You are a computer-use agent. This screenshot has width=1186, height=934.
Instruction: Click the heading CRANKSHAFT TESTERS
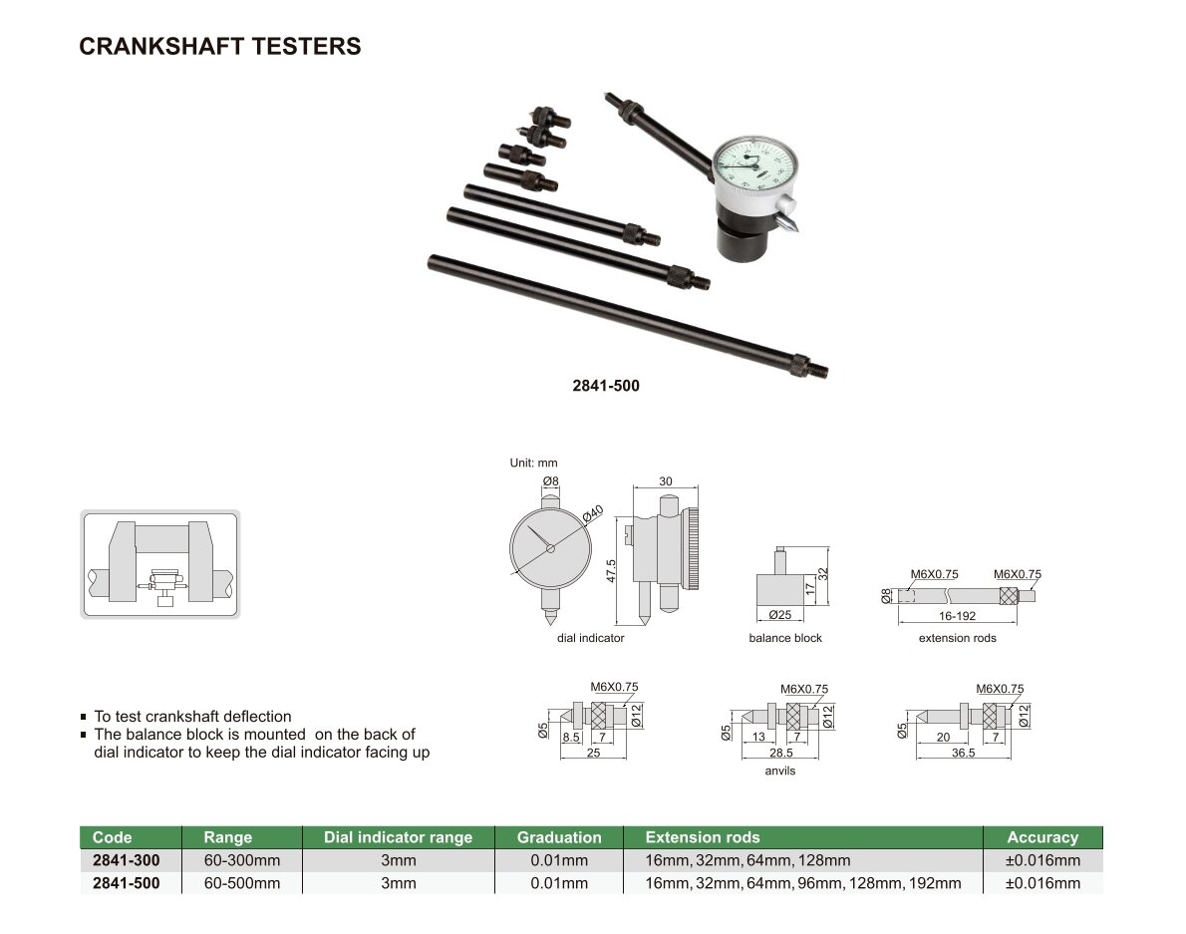click(220, 46)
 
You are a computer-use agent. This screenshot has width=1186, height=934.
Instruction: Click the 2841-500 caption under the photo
click(606, 386)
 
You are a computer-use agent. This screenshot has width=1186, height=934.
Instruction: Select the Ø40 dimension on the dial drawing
click(593, 513)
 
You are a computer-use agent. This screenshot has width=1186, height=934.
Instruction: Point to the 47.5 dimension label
click(611, 571)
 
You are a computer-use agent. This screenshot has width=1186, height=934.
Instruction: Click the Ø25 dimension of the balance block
click(779, 615)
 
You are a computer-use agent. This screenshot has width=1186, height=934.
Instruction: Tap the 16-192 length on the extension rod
click(958, 616)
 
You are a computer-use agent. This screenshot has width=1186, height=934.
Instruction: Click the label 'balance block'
click(785, 638)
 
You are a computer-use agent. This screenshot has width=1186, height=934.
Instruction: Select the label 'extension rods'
click(958, 638)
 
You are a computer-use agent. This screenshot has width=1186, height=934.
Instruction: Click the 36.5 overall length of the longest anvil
click(963, 754)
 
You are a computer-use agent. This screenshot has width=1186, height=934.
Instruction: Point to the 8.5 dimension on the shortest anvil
click(571, 737)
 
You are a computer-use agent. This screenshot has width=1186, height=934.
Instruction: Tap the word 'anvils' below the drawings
click(779, 771)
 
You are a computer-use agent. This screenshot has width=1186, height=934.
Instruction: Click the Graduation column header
click(559, 837)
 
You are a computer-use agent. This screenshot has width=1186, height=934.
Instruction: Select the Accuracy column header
click(1042, 837)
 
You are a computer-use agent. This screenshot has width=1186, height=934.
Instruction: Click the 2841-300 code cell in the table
click(127, 860)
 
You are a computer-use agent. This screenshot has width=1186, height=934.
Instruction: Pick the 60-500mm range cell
click(242, 882)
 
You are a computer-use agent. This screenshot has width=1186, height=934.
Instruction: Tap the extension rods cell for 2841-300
click(747, 860)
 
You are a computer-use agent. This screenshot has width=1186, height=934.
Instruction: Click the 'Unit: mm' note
click(533, 463)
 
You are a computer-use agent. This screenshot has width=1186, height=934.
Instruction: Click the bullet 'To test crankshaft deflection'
click(193, 716)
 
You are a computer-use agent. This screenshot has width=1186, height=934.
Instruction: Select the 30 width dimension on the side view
click(666, 481)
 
